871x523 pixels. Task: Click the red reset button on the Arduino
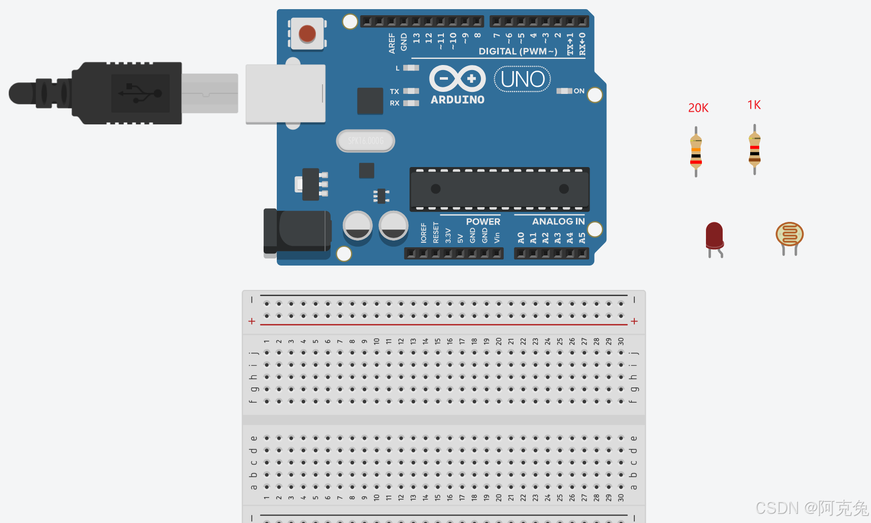pyautogui.click(x=307, y=34)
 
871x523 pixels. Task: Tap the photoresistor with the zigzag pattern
pyautogui.click(x=789, y=235)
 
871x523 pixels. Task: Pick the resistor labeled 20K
pyautogui.click(x=696, y=151)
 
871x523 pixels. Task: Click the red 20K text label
pyautogui.click(x=698, y=108)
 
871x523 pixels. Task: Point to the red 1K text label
pyautogui.click(x=754, y=105)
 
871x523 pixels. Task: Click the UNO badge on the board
pyautogui.click(x=523, y=79)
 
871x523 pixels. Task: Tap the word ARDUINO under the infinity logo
pyautogui.click(x=458, y=100)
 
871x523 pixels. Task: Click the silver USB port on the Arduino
pyautogui.click(x=285, y=93)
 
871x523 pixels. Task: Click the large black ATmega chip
pyautogui.click(x=499, y=189)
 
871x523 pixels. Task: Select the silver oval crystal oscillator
pyautogui.click(x=366, y=141)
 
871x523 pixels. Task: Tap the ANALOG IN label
pyautogui.click(x=558, y=221)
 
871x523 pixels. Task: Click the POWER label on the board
pyautogui.click(x=483, y=221)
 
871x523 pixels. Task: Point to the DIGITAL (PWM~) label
pyautogui.click(x=518, y=51)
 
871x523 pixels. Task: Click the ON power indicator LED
pyautogui.click(x=564, y=91)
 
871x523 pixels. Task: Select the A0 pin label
pyautogui.click(x=521, y=238)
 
